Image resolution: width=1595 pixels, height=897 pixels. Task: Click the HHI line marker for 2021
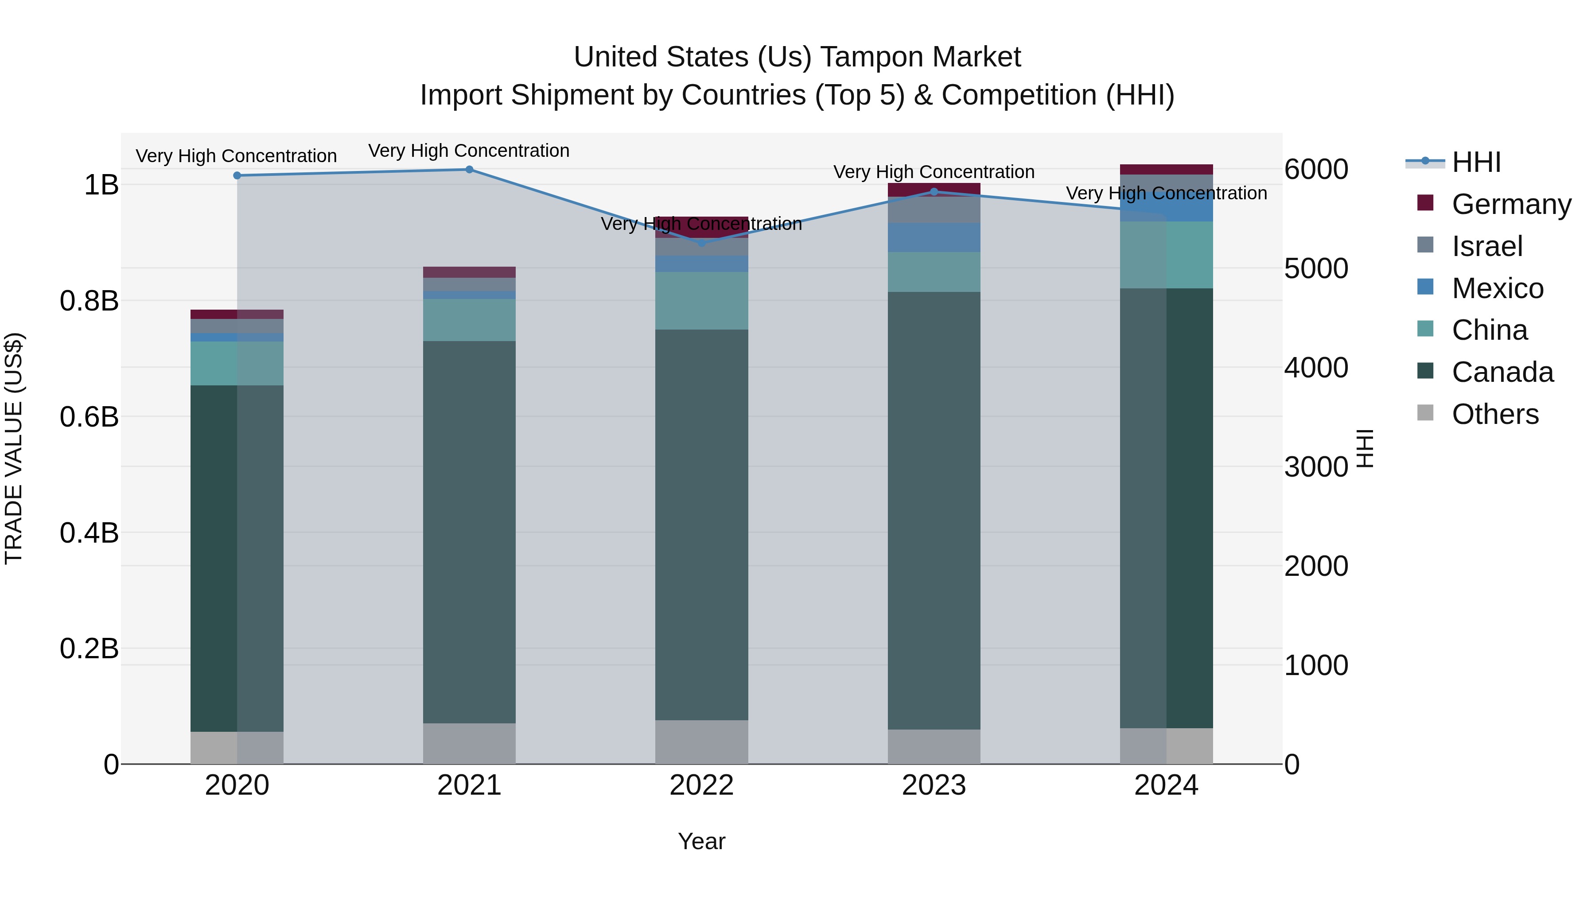[x=469, y=170]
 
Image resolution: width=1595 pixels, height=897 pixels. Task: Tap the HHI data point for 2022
[x=701, y=243]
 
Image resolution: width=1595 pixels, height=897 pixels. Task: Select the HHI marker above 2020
[x=237, y=176]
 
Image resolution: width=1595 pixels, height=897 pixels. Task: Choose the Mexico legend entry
[x=1497, y=288]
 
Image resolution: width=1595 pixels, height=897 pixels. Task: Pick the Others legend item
[x=1495, y=414]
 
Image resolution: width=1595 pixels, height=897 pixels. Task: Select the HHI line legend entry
[x=1476, y=162]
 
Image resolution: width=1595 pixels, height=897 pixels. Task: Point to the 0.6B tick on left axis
[x=89, y=417]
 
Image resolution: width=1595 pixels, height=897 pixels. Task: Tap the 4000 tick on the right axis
[x=1316, y=368]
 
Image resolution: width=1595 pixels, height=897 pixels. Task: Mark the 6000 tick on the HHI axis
[x=1316, y=169]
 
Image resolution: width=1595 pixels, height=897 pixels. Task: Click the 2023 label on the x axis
[x=934, y=785]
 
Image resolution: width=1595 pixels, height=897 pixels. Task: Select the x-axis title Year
[x=701, y=841]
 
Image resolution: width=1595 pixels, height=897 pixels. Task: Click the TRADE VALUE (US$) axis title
[x=14, y=448]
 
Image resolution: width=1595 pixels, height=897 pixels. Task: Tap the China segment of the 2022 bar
[x=701, y=301]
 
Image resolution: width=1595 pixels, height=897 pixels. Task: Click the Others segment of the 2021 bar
[x=469, y=743]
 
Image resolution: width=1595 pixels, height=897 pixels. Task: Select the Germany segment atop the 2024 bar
[x=1166, y=170]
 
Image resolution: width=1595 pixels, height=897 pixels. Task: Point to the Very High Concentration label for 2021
[x=469, y=151]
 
